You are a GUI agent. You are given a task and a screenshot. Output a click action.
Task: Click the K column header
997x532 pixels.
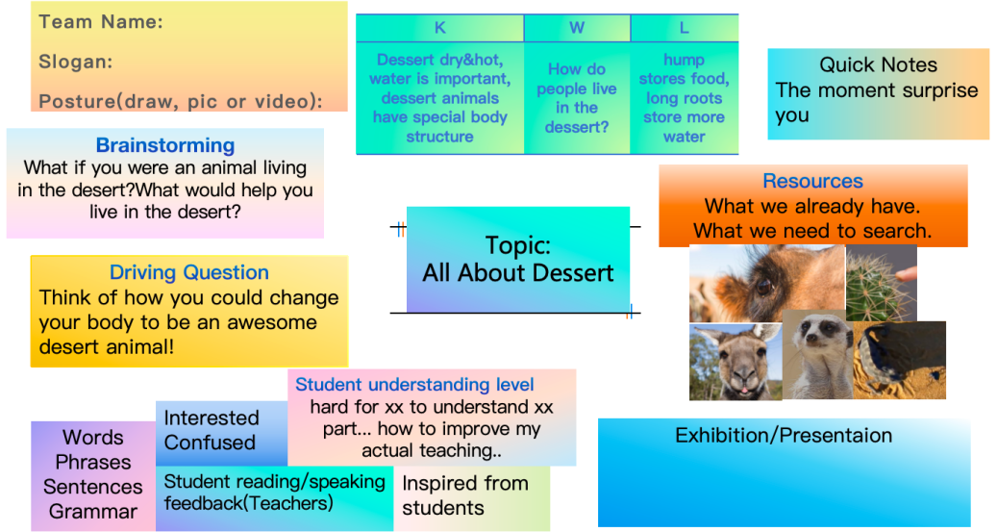[439, 28]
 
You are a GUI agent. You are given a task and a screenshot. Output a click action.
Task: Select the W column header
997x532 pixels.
[577, 28]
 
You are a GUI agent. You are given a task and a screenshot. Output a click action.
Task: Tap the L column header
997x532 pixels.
[685, 28]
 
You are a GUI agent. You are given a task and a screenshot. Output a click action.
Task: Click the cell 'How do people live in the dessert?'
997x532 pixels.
[577, 98]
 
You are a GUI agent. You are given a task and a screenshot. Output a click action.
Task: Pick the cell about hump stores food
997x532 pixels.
[685, 98]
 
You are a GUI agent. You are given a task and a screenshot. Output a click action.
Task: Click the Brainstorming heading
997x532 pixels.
[165, 145]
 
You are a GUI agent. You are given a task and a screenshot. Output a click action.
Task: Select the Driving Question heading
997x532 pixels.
[188, 272]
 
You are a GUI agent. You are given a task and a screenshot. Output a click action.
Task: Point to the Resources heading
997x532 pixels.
[812, 181]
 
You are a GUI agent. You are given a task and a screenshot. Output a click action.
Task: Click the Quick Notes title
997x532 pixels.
[878, 64]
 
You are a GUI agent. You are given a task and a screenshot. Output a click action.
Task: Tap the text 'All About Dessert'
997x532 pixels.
[518, 273]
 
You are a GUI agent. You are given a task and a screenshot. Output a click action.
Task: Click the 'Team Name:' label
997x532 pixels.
[101, 22]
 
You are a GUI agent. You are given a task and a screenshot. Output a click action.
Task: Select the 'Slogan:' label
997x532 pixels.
[76, 62]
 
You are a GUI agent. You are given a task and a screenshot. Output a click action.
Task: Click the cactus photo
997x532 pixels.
[882, 283]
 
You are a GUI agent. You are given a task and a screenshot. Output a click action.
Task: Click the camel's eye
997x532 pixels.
[764, 286]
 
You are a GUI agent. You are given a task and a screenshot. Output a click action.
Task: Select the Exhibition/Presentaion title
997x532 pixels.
[784, 435]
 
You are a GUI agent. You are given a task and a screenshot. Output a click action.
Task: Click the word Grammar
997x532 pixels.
[93, 511]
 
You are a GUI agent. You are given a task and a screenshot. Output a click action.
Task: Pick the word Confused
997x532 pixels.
[210, 443]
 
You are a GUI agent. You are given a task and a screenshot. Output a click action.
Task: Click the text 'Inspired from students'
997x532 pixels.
[464, 495]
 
